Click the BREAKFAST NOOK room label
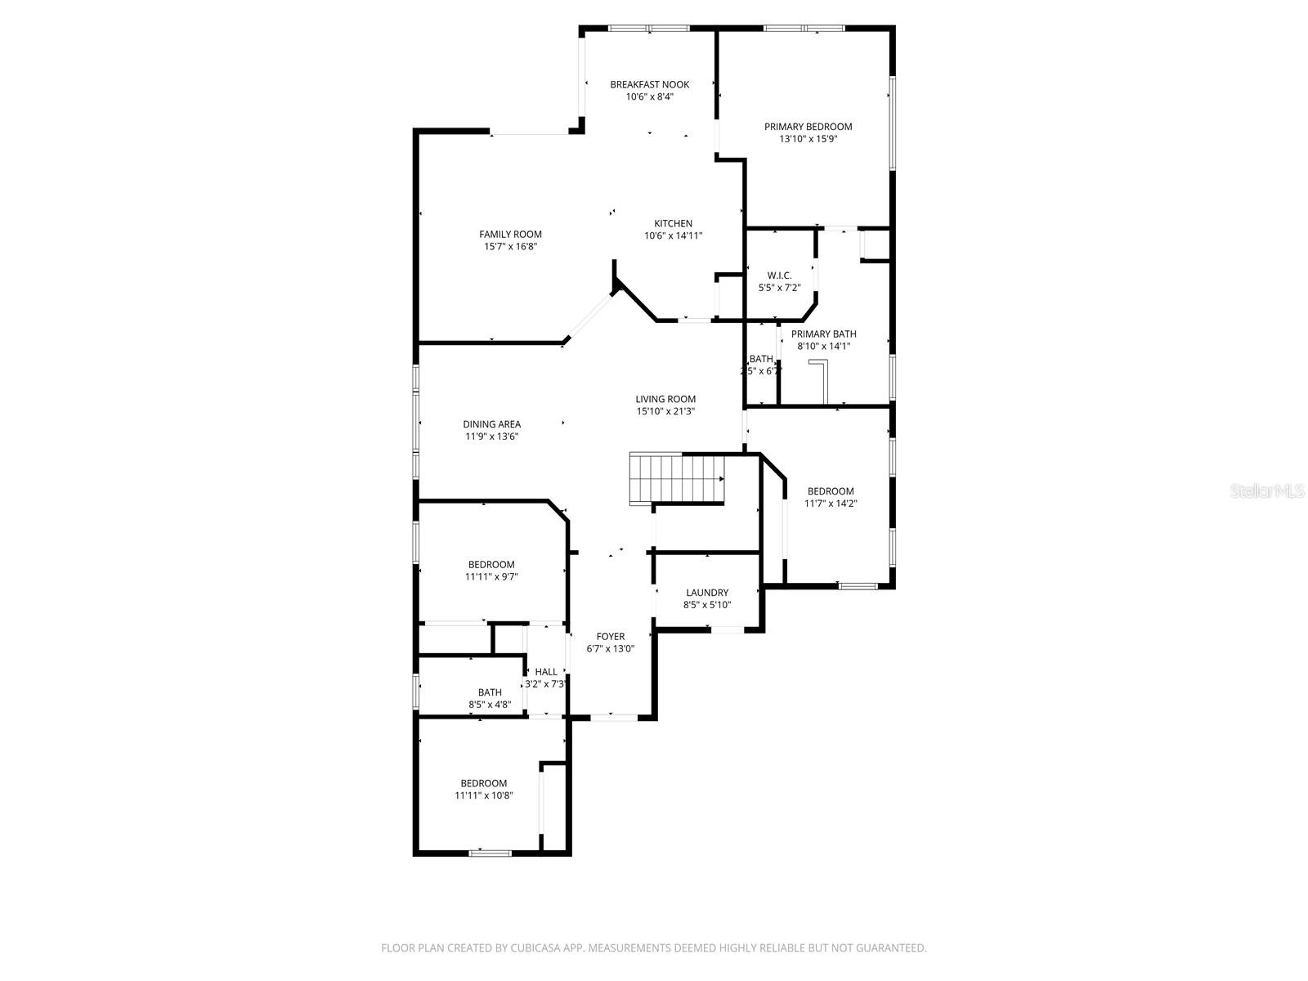tap(649, 84)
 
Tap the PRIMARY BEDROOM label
tap(808, 127)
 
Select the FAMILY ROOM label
tap(510, 235)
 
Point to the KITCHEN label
tap(673, 223)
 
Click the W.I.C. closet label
tap(778, 275)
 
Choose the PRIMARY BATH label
tap(823, 334)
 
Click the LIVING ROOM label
tap(665, 399)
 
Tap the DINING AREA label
tap(491, 424)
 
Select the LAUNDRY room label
tap(707, 593)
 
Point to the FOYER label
tap(610, 637)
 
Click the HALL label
tap(545, 672)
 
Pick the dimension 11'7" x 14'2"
tap(831, 504)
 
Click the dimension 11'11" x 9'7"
tap(491, 576)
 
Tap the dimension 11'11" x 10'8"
tap(484, 795)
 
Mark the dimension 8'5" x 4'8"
tap(490, 704)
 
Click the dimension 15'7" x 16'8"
tap(510, 246)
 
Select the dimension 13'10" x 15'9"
tap(808, 139)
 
